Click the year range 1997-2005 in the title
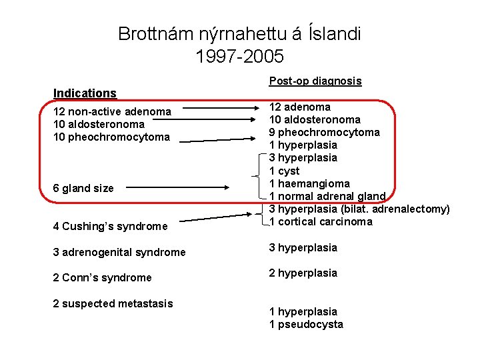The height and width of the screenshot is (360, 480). tap(240, 56)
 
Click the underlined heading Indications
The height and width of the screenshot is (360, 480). tap(85, 93)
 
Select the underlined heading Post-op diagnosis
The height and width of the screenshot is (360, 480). tap(315, 81)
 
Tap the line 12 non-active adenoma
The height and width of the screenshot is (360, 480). tap(112, 111)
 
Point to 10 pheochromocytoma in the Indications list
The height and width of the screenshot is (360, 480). tap(111, 137)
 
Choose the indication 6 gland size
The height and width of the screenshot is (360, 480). tap(83, 188)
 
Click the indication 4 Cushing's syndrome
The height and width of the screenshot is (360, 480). tap(110, 226)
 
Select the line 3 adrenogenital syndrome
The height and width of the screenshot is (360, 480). tap(119, 252)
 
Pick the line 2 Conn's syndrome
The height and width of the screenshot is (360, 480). tap(102, 277)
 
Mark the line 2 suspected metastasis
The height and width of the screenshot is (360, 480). tap(113, 303)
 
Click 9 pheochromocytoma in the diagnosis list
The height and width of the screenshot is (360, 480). tap(324, 132)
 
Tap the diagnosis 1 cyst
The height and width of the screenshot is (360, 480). tap(284, 171)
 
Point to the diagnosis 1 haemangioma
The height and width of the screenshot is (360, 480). tap(309, 183)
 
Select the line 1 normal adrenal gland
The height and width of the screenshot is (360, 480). tap(327, 196)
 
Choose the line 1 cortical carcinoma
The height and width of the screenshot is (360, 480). tap(320, 221)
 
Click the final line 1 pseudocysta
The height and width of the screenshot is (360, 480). tap(305, 324)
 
